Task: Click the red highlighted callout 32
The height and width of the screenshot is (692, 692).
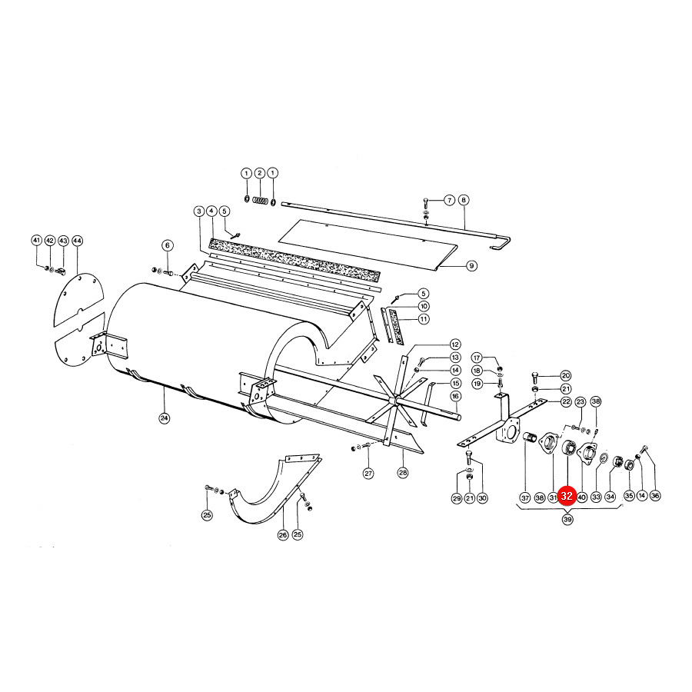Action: coord(567,496)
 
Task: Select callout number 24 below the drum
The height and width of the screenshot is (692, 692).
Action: coord(165,418)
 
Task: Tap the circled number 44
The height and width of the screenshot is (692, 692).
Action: coord(77,241)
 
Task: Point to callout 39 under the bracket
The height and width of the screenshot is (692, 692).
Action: coord(567,520)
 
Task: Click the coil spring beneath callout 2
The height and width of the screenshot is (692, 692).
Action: coord(261,201)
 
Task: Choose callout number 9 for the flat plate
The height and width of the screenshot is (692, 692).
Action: coord(471,266)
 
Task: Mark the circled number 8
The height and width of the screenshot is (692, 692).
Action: coord(464,200)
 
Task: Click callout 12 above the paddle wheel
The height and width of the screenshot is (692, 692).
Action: coord(455,344)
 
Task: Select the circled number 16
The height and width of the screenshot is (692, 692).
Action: coord(455,396)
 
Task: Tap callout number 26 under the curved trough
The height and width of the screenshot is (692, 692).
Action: coord(283,535)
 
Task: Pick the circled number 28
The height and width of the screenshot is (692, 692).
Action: coord(403,473)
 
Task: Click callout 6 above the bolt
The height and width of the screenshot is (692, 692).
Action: coord(168,245)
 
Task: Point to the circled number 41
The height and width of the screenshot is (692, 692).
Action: coord(37,241)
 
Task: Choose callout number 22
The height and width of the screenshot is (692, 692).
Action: coord(566,401)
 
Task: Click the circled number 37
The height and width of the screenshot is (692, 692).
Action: coord(524,497)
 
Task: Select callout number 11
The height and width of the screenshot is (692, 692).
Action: coord(424,318)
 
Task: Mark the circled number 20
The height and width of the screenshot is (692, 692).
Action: coord(566,375)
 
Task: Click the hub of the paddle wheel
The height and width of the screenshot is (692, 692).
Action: coord(394,399)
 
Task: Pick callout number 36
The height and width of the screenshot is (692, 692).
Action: coord(655,496)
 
